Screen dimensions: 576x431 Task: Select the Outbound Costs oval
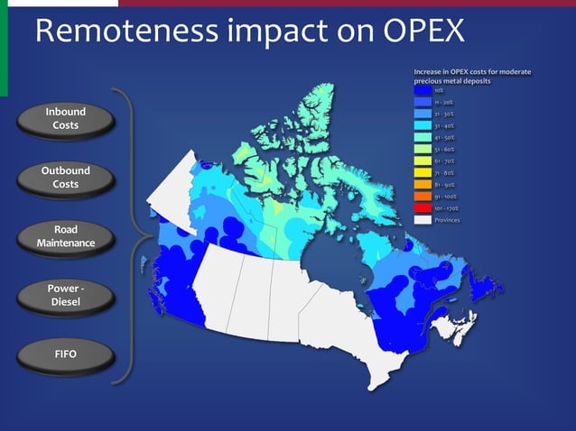pos(65,178)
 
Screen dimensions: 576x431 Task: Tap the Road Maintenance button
pos(65,237)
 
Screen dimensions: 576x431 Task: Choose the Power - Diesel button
pos(65,296)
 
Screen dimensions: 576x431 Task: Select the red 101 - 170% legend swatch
pos(423,207)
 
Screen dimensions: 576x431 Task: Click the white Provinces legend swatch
pos(423,219)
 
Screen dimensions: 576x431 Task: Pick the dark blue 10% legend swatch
pos(423,90)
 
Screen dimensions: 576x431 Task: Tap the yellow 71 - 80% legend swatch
pos(423,172)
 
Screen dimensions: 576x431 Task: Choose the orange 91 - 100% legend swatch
pos(423,196)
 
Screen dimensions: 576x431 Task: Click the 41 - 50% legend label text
pos(444,138)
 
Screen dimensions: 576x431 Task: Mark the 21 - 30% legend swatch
pos(423,114)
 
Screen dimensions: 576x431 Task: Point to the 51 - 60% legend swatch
pos(423,149)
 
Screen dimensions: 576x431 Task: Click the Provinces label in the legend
pos(448,219)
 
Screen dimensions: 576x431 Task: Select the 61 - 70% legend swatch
pos(423,160)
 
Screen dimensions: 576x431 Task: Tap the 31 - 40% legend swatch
pos(423,125)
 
